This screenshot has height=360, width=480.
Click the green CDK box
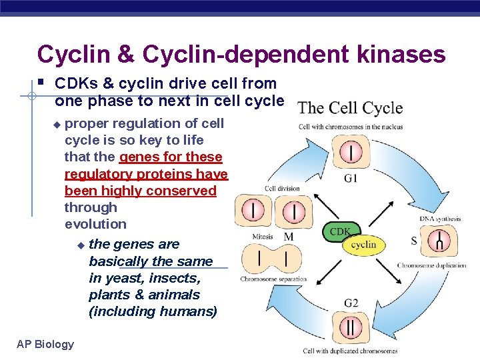(x=339, y=231)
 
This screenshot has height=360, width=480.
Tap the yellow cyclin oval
(x=363, y=245)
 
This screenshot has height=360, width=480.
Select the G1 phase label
(x=351, y=179)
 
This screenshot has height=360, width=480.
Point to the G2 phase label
(x=351, y=303)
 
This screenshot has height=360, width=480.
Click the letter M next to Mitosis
(x=289, y=237)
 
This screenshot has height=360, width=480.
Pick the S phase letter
(x=414, y=240)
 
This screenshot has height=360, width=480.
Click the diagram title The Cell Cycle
(x=350, y=108)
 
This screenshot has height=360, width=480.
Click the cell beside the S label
(x=439, y=241)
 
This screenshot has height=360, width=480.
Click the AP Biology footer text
(x=45, y=344)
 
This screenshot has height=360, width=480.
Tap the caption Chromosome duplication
(x=432, y=265)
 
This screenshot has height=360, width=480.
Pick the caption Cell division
(x=282, y=189)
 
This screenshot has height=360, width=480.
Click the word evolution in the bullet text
(x=95, y=224)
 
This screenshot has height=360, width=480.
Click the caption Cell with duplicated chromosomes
(x=350, y=351)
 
